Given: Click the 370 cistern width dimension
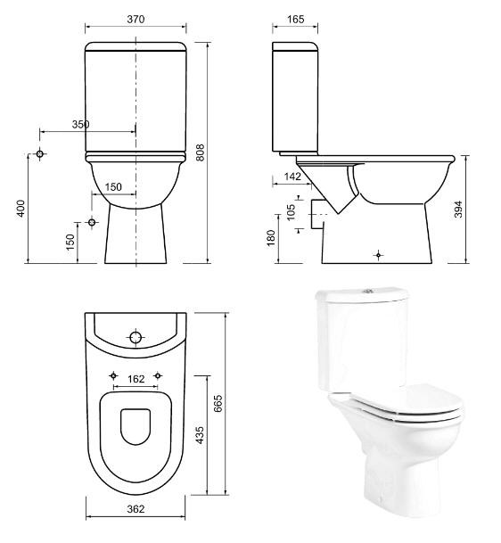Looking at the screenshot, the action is tap(136, 19).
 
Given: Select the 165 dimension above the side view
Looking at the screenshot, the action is tap(295, 19).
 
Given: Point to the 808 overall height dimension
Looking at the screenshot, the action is tap(200, 152).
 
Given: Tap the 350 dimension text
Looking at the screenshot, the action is tap(80, 124).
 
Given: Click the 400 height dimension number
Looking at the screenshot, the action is tap(21, 209).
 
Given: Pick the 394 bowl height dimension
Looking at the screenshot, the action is tap(458, 210).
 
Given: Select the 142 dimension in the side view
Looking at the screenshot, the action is tap(292, 177).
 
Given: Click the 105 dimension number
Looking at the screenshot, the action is tap(292, 212).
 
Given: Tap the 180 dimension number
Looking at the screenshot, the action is tap(271, 237).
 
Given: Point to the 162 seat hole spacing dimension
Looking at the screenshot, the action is tap(136, 379).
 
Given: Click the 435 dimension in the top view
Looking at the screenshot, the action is tap(200, 435).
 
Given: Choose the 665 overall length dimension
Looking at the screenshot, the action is tap(218, 403).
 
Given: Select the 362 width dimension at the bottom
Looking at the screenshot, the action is tap(136, 509).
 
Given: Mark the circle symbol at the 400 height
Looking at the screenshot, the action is tap(40, 153).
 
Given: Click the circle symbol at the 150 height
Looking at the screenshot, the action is tap(92, 222).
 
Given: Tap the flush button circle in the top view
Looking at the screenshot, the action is tap(136, 337).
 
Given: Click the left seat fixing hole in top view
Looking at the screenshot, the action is tap(113, 375).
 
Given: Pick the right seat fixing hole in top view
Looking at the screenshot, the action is tap(158, 375).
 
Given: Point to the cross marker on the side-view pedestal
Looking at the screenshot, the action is tap(379, 255).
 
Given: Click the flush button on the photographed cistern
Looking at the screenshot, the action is tap(367, 291).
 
